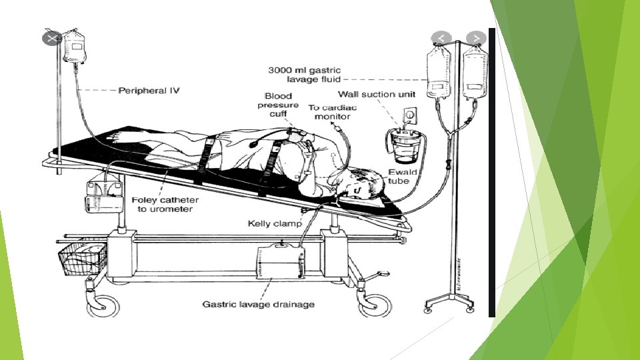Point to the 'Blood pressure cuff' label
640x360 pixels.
pyautogui.click(x=278, y=105)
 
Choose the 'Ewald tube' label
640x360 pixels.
pyautogui.click(x=403, y=177)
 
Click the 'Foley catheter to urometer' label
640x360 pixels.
pyautogui.click(x=165, y=204)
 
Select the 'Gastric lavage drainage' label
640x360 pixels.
pyautogui.click(x=258, y=305)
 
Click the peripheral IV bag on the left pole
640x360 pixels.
pyautogui.click(x=75, y=47)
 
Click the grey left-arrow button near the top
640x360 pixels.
pyautogui.click(x=441, y=37)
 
